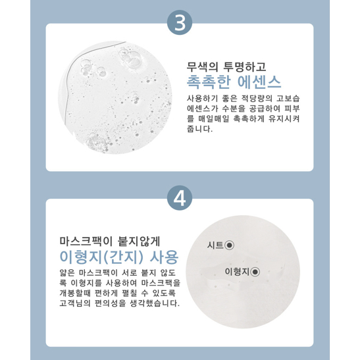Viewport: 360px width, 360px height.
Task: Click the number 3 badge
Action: pyautogui.click(x=180, y=22)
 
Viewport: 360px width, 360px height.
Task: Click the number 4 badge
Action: pyautogui.click(x=180, y=198)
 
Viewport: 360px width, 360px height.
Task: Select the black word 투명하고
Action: pyautogui.click(x=245, y=67)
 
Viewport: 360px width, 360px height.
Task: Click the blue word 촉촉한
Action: pyautogui.click(x=208, y=82)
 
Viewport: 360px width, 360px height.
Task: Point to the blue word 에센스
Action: pyautogui.click(x=259, y=82)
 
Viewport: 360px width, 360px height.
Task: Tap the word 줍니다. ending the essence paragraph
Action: pyautogui.click(x=199, y=129)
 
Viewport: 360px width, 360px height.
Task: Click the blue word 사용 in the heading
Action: pyautogui.click(x=164, y=257)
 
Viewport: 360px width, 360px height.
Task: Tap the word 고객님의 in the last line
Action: pyautogui.click(x=74, y=303)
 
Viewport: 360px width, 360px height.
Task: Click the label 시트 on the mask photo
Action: pyautogui.click(x=215, y=245)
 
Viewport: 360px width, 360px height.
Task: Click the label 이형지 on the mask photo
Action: pyautogui.click(x=237, y=272)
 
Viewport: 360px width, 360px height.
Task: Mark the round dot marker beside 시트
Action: pyautogui.click(x=229, y=245)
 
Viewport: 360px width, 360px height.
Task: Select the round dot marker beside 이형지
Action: pyautogui.click(x=255, y=272)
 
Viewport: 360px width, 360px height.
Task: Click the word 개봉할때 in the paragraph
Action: pyautogui.click(x=74, y=293)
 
